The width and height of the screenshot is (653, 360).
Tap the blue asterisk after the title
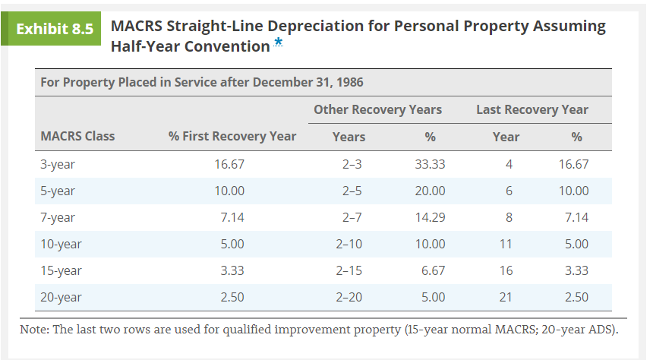tap(279, 44)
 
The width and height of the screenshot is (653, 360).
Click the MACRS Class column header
tap(77, 137)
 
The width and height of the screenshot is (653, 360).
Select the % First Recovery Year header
tap(232, 137)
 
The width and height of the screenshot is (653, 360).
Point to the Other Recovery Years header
tap(377, 109)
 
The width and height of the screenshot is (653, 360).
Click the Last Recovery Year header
tap(532, 109)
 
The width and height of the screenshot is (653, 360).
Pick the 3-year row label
tap(58, 164)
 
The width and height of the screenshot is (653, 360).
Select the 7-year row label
tap(58, 217)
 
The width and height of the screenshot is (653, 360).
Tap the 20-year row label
tap(61, 297)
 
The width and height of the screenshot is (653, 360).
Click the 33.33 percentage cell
tap(430, 164)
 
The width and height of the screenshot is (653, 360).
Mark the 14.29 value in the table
tap(430, 217)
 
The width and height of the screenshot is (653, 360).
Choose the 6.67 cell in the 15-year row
tap(433, 270)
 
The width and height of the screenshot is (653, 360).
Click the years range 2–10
tap(349, 244)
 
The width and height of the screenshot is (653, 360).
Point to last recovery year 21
tap(506, 297)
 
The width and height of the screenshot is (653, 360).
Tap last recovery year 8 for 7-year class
tap(509, 217)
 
